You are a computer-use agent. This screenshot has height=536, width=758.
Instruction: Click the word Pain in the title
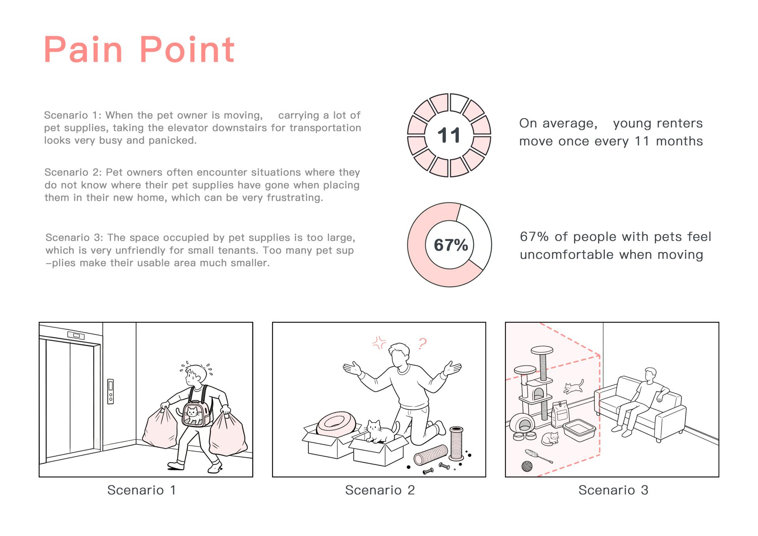tap(83, 49)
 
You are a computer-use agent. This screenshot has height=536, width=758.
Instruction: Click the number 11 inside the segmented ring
tap(449, 135)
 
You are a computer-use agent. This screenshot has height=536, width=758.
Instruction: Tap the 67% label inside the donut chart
tap(451, 245)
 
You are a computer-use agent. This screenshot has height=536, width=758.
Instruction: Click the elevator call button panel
tap(111, 391)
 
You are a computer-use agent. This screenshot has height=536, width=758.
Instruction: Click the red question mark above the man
tap(422, 344)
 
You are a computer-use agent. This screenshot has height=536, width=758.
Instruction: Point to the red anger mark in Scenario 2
tap(379, 343)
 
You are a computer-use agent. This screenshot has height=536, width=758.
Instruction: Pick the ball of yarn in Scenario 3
tap(527, 466)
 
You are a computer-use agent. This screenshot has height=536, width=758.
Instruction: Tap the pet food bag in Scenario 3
tap(559, 414)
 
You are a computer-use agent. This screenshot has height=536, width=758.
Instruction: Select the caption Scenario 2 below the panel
tap(380, 490)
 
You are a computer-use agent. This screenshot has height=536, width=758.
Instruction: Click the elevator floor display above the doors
tap(76, 336)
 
